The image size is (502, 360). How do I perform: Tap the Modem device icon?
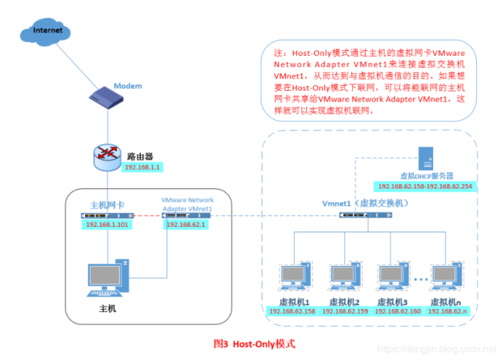point(108,96)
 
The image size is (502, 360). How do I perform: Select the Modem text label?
point(128,86)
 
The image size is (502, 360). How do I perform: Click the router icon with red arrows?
point(107,158)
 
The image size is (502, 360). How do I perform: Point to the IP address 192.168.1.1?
point(142,168)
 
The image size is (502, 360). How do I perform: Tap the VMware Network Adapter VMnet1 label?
point(188,204)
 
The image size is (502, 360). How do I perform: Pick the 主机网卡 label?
point(107,205)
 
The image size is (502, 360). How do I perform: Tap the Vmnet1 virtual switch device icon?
point(364,215)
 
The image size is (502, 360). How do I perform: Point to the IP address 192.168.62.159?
point(344,311)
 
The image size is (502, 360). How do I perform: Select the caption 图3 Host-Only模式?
point(254,344)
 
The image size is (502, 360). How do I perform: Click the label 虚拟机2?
point(344,301)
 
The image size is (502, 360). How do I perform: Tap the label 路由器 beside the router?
point(138,156)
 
